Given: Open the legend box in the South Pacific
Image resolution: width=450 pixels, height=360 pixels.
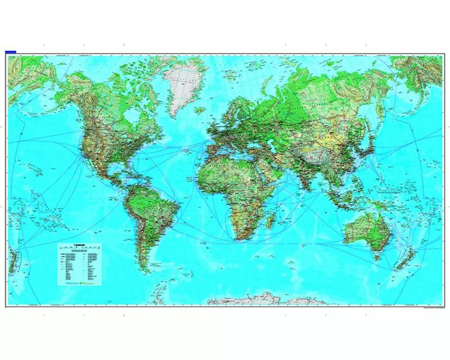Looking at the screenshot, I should tap(79, 264).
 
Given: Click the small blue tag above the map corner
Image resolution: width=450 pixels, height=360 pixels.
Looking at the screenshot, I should tap(10, 52).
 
